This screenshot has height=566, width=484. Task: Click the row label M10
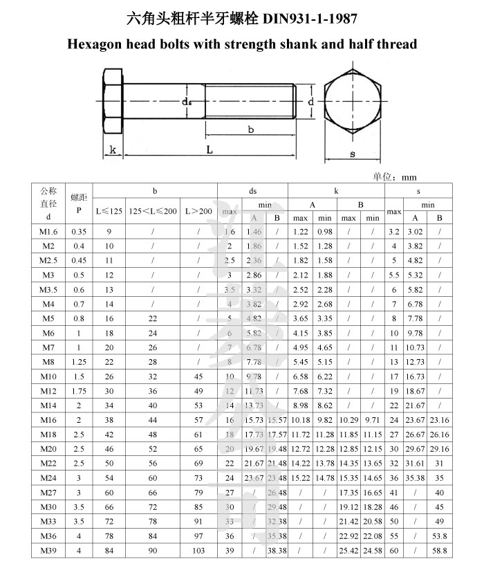pyautogui.click(x=48, y=376)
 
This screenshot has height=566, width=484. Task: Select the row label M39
pyautogui.click(x=48, y=551)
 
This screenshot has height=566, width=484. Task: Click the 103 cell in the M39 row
pyautogui.click(x=199, y=551)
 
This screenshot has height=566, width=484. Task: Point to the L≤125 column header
pyautogui.click(x=109, y=210)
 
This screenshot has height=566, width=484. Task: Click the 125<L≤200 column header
pyautogui.click(x=152, y=210)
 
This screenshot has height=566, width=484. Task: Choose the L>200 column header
pyautogui.click(x=199, y=210)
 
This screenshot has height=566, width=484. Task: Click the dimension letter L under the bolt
pyautogui.click(x=208, y=150)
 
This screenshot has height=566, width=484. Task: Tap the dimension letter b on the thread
pyautogui.click(x=251, y=129)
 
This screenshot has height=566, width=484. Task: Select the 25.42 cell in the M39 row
pyautogui.click(x=349, y=551)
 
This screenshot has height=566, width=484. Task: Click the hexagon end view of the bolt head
pyautogui.click(x=352, y=102)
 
